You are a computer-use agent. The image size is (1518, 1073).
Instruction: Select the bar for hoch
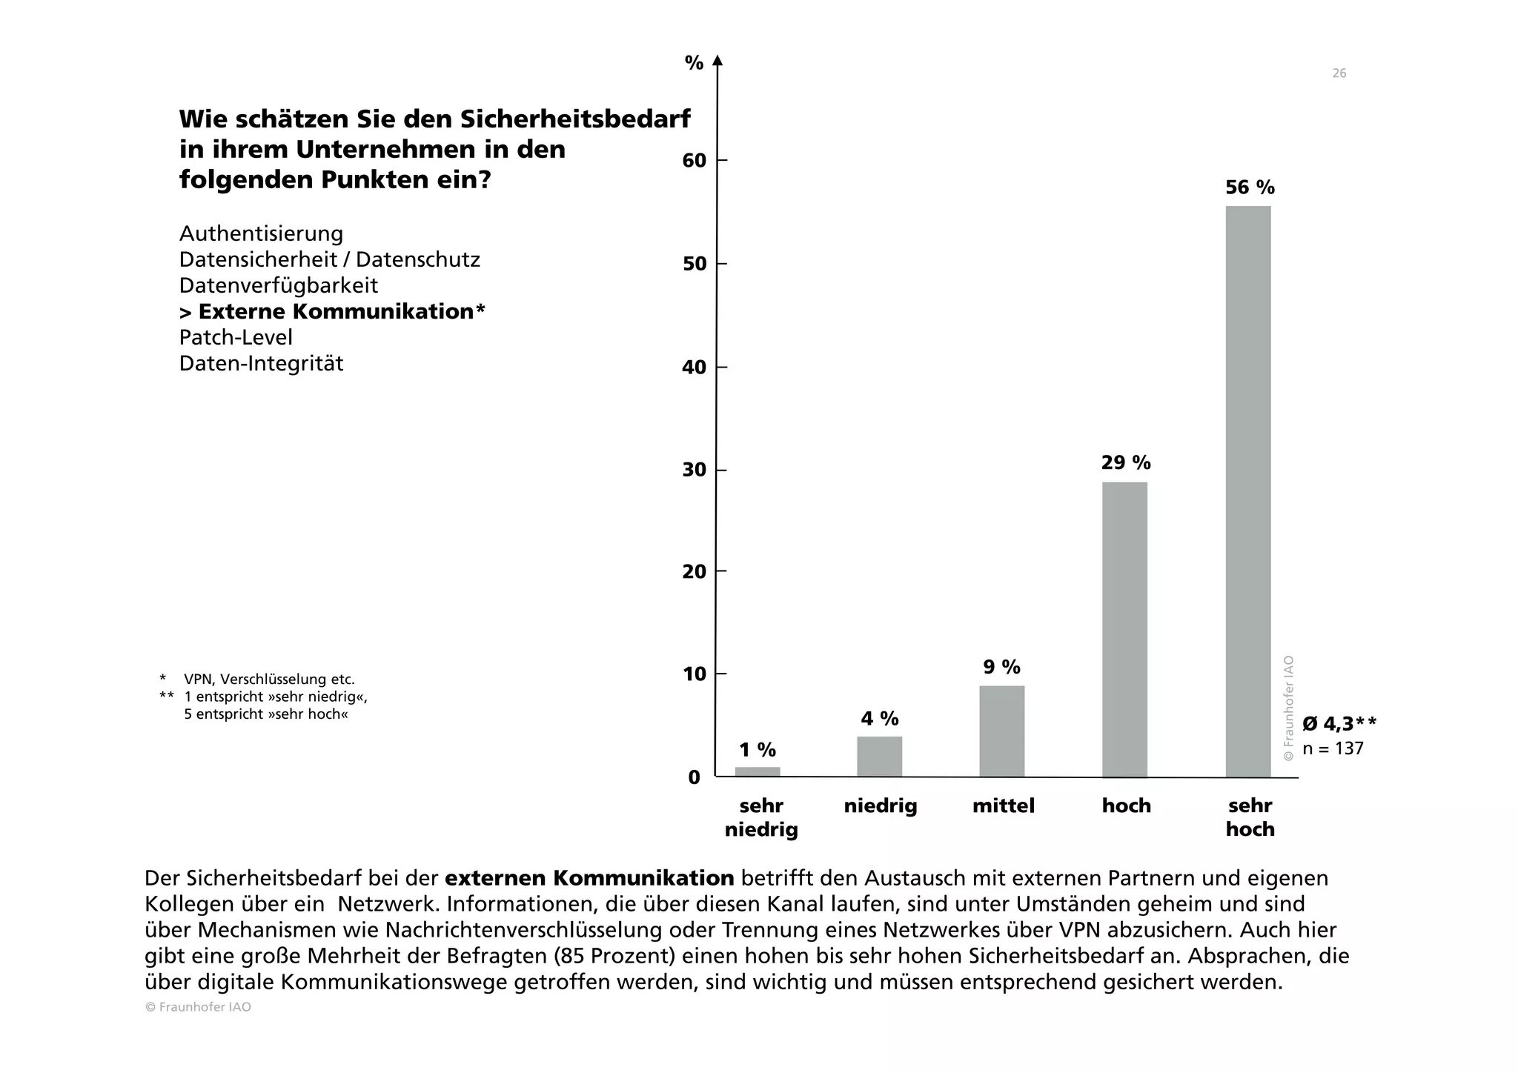pyautogui.click(x=1124, y=629)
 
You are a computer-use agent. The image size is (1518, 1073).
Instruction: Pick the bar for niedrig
pyautogui.click(x=879, y=757)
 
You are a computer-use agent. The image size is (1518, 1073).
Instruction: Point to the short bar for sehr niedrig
pyautogui.click(x=757, y=771)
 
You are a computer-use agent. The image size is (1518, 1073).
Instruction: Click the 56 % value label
pyautogui.click(x=1250, y=187)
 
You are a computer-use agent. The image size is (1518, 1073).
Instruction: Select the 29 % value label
pyautogui.click(x=1125, y=463)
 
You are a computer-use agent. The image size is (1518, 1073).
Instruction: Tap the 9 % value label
pyautogui.click(x=1001, y=668)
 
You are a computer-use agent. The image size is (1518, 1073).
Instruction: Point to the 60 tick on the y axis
pyautogui.click(x=695, y=161)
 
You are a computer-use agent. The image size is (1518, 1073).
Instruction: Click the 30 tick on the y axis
pyautogui.click(x=695, y=471)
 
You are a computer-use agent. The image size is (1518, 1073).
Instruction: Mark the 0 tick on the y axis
pyautogui.click(x=695, y=777)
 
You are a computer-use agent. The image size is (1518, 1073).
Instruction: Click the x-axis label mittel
pyautogui.click(x=1003, y=806)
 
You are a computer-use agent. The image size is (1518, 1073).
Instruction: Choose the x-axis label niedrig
pyautogui.click(x=880, y=806)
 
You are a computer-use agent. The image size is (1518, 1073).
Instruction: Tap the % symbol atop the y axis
pyautogui.click(x=694, y=64)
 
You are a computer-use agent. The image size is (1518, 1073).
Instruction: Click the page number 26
pyautogui.click(x=1339, y=73)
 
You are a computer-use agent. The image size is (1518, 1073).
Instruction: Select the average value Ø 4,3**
pyautogui.click(x=1339, y=724)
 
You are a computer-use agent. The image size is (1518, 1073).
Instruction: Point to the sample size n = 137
pyautogui.click(x=1333, y=748)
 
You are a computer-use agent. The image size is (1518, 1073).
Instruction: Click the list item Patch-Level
pyautogui.click(x=236, y=338)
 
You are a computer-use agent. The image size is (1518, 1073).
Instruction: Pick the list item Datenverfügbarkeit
pyautogui.click(x=279, y=286)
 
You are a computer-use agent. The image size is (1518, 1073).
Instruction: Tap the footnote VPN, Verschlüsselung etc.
pyautogui.click(x=269, y=680)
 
